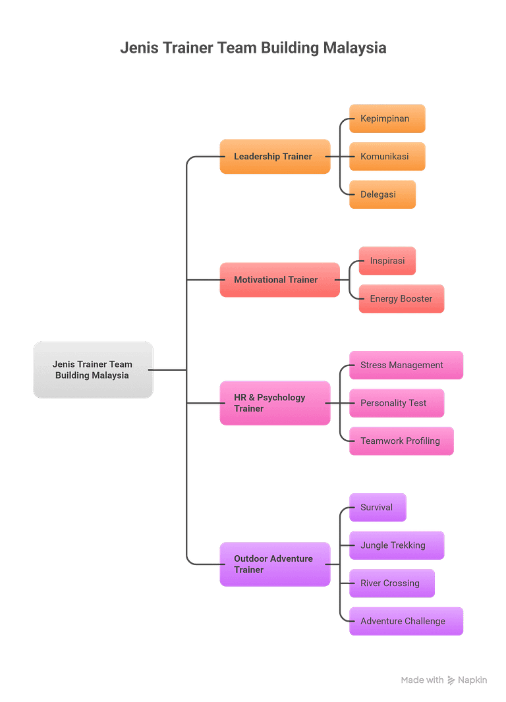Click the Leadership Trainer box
click(275, 156)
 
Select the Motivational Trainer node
click(280, 280)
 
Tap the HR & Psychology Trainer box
click(275, 403)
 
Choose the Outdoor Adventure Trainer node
click(275, 564)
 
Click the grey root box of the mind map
click(93, 370)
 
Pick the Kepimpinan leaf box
click(387, 119)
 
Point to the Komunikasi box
click(387, 156)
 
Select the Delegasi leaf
click(382, 194)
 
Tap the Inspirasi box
click(387, 261)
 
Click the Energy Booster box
click(402, 298)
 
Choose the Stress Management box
click(406, 365)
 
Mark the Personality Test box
click(397, 403)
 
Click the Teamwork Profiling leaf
click(402, 441)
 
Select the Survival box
click(378, 507)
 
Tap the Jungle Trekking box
click(397, 545)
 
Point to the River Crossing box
click(392, 583)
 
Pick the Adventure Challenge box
click(406, 621)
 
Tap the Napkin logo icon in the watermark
click(451, 680)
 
